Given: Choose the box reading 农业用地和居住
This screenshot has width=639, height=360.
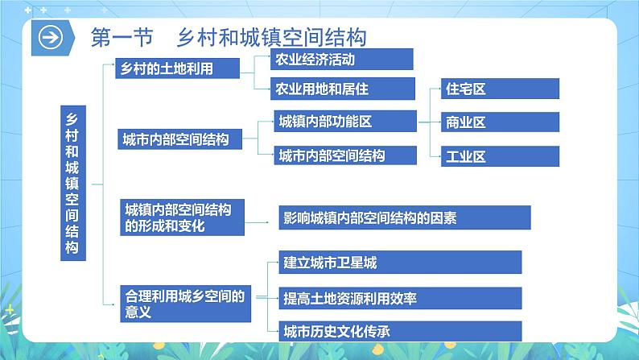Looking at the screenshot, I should pyautogui.click(x=333, y=88).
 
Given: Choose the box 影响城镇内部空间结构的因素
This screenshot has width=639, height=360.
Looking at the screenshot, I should pyautogui.click(x=402, y=217).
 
